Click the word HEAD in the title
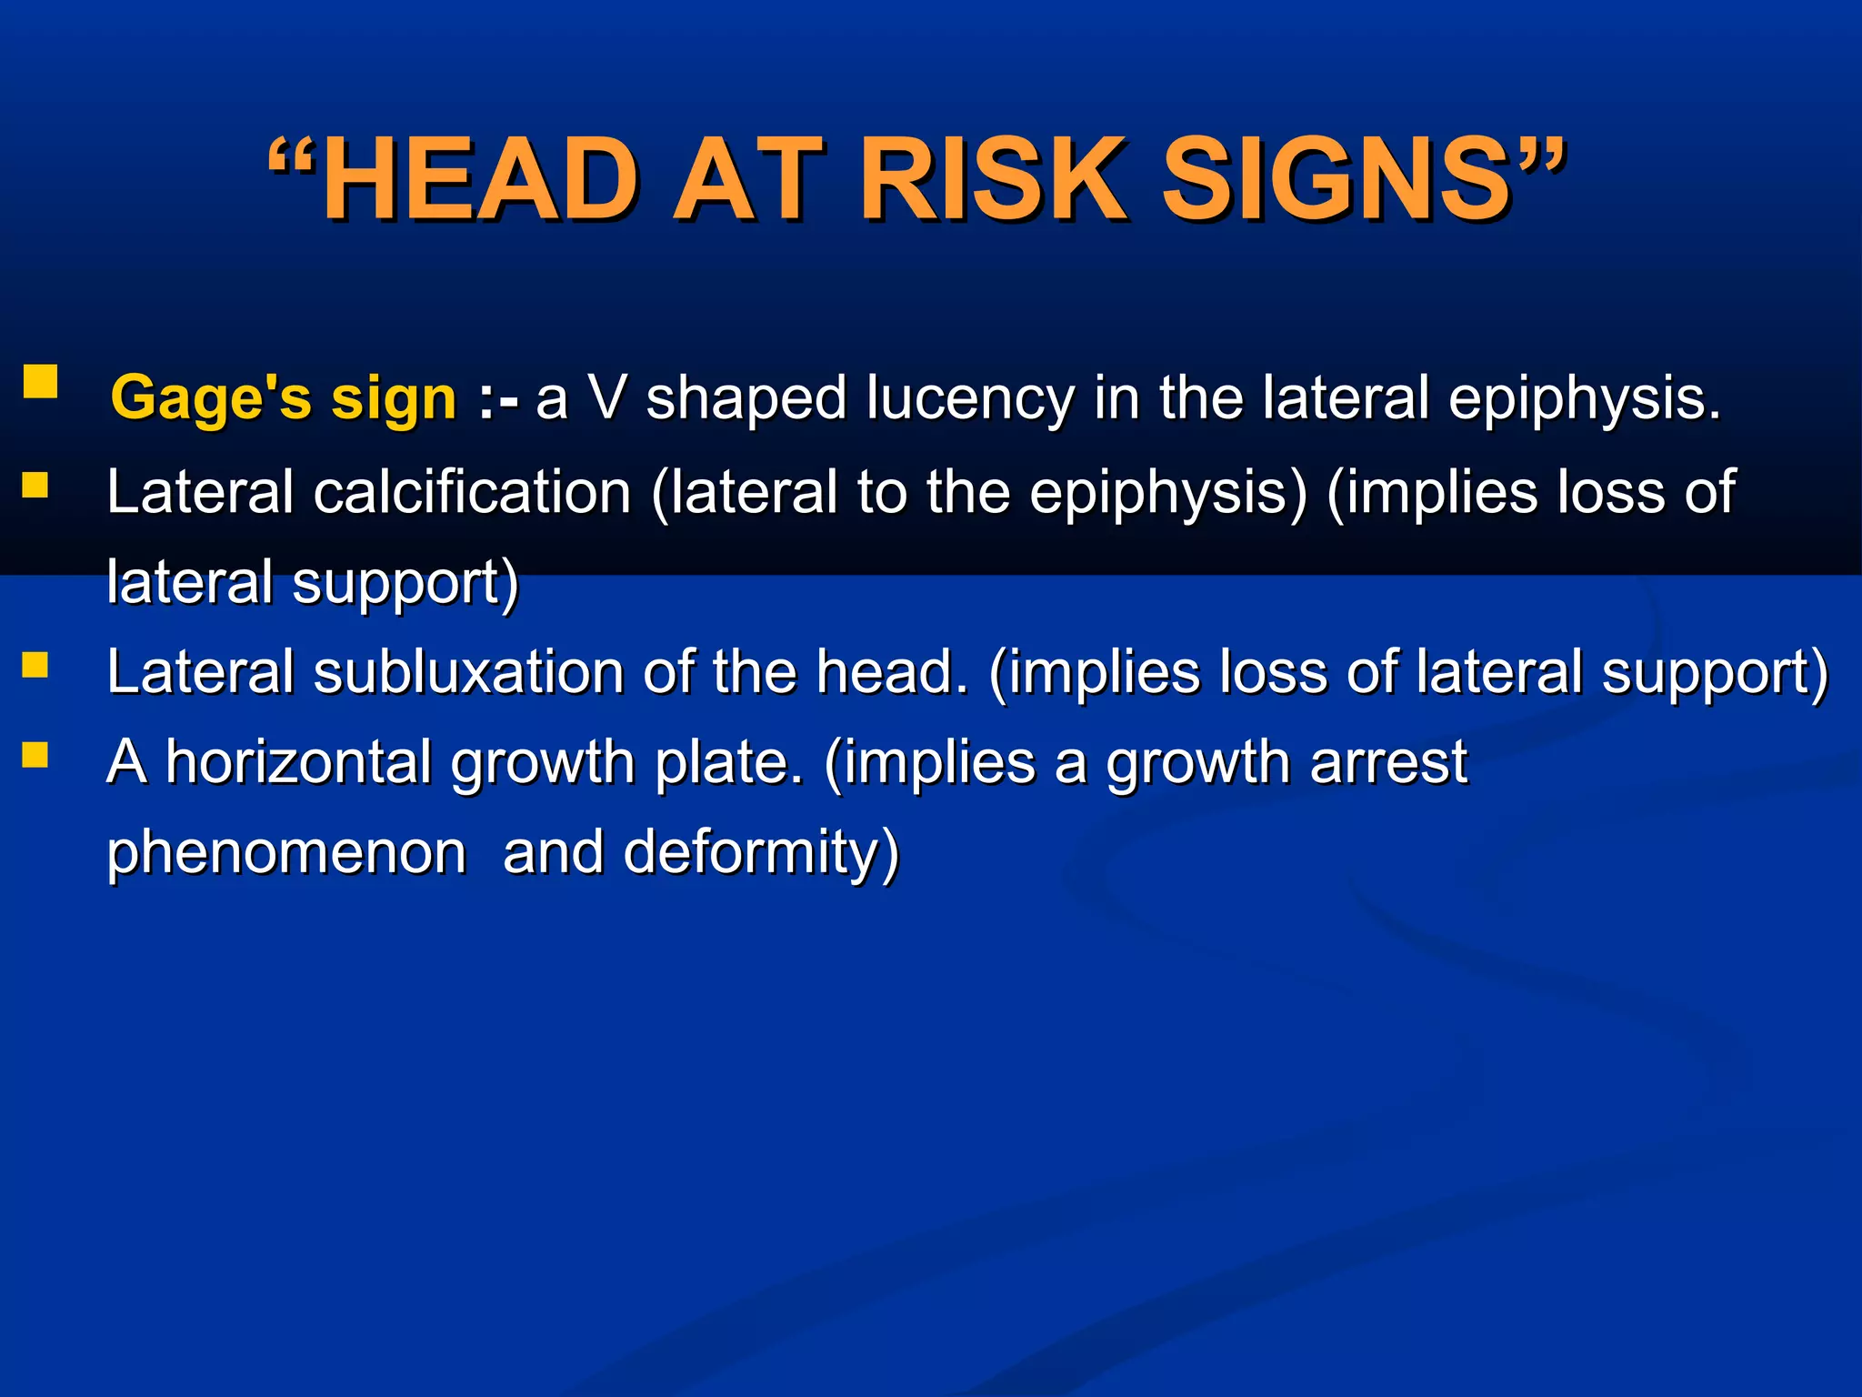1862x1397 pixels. (x=481, y=179)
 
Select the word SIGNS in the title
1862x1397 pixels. (x=1336, y=179)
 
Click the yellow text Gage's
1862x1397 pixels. (x=211, y=399)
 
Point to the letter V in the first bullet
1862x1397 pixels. (x=606, y=398)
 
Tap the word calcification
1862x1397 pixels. (x=472, y=492)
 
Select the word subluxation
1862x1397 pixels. (x=469, y=672)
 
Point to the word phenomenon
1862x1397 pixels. (x=286, y=852)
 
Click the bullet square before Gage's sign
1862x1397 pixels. (x=40, y=382)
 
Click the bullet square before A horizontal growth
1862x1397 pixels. (x=35, y=755)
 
